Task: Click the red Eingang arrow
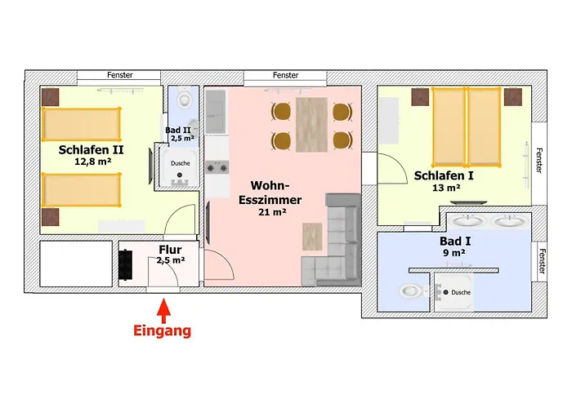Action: pyautogui.click(x=163, y=311)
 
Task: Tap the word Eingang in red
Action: pyautogui.click(x=163, y=330)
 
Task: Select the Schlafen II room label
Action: pyautogui.click(x=91, y=149)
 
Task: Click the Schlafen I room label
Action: pyautogui.click(x=444, y=175)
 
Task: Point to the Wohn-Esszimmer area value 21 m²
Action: pyautogui.click(x=272, y=211)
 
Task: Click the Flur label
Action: pyautogui.click(x=170, y=250)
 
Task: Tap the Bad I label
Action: pyautogui.click(x=455, y=242)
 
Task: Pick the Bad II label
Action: pyautogui.click(x=178, y=130)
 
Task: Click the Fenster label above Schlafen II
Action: pyautogui.click(x=119, y=75)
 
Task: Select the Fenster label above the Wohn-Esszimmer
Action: pyautogui.click(x=285, y=75)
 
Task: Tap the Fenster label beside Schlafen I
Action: pyautogui.click(x=539, y=160)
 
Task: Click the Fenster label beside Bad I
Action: pyautogui.click(x=542, y=261)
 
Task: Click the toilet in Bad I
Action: pyautogui.click(x=412, y=291)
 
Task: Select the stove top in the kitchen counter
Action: pyautogui.click(x=217, y=167)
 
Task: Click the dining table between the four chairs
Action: pyautogui.click(x=311, y=125)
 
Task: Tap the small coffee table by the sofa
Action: pyautogui.click(x=312, y=237)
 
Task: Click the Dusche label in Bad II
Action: pyautogui.click(x=181, y=163)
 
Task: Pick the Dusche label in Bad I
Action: pyautogui.click(x=461, y=292)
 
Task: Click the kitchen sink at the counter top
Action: pyautogui.click(x=215, y=111)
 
